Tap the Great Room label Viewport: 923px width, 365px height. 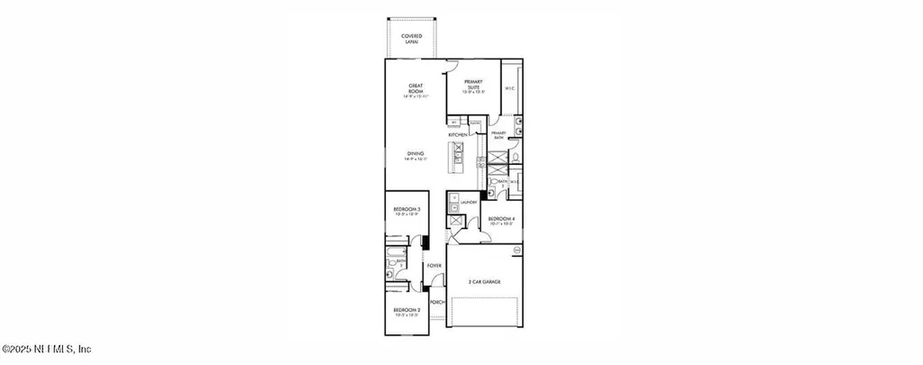(x=416, y=90)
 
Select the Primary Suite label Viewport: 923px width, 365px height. (x=473, y=86)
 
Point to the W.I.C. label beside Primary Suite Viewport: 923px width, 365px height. (x=509, y=87)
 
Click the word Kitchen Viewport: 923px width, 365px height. (x=457, y=135)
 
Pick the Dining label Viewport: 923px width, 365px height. (x=416, y=155)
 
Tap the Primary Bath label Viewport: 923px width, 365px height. (x=498, y=136)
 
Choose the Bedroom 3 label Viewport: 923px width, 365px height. (x=407, y=211)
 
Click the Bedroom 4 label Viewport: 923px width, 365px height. (x=501, y=220)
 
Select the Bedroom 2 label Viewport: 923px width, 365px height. (x=406, y=311)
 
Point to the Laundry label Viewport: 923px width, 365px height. (x=468, y=203)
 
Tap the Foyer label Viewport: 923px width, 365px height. (x=434, y=266)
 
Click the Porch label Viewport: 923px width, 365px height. (x=436, y=302)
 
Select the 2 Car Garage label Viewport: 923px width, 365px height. (x=484, y=282)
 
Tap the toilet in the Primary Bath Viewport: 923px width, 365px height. (x=512, y=159)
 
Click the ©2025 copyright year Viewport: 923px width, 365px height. (x=19, y=350)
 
